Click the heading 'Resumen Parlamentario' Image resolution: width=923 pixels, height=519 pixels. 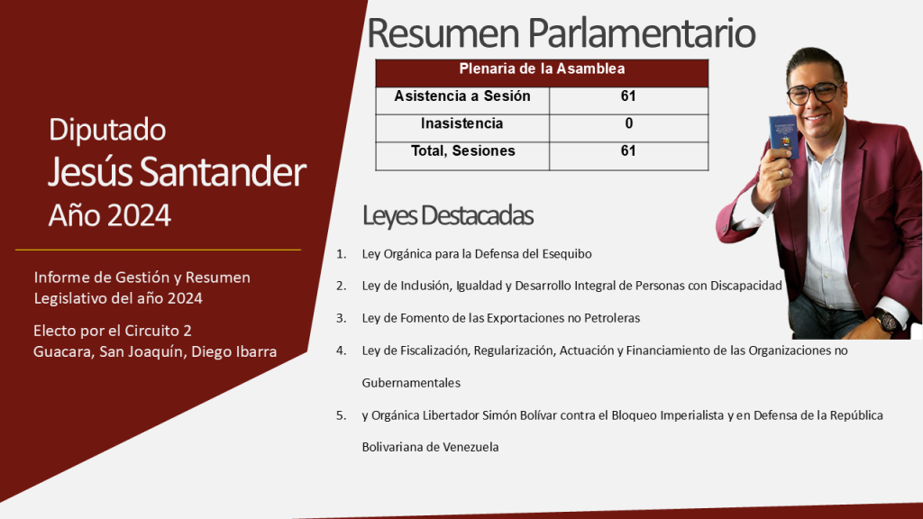(x=561, y=33)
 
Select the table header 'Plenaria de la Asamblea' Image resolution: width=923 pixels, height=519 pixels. (x=542, y=68)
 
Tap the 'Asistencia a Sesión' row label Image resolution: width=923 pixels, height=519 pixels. (x=462, y=96)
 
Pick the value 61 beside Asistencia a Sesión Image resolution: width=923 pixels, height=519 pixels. (x=628, y=96)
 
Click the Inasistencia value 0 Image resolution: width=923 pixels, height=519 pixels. (x=628, y=123)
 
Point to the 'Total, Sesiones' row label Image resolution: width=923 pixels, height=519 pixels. (x=462, y=151)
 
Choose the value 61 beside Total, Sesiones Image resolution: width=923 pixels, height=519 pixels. (x=628, y=151)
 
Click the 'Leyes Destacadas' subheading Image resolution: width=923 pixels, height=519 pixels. (x=447, y=215)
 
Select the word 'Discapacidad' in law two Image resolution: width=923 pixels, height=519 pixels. (x=745, y=286)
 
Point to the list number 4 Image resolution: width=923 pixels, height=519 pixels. (x=342, y=351)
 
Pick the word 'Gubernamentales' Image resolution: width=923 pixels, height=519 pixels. (x=411, y=383)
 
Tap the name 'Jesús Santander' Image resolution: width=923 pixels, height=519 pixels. (x=177, y=172)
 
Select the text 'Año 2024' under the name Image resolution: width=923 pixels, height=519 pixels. (x=109, y=215)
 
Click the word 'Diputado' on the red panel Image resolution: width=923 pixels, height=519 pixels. (x=107, y=130)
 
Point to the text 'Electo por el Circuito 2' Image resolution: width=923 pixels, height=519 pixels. (x=113, y=331)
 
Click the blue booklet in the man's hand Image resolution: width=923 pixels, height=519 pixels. (x=783, y=137)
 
